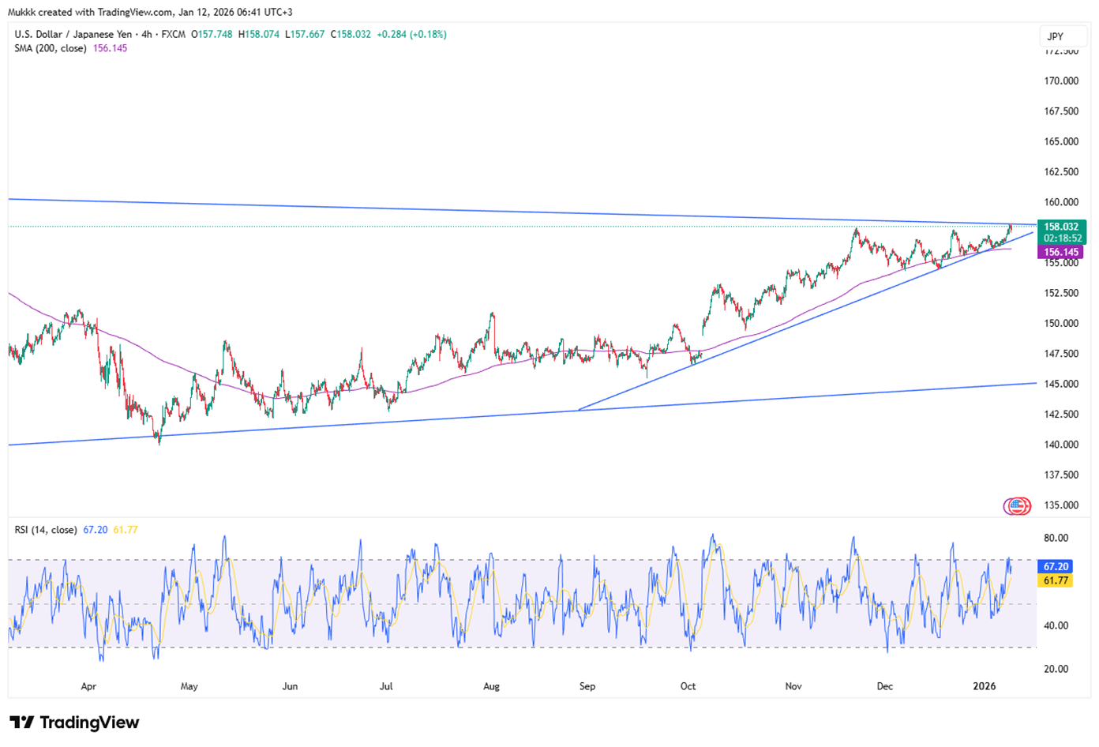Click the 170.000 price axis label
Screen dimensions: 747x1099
pyautogui.click(x=1060, y=81)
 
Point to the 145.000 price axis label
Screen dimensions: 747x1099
pyautogui.click(x=1060, y=384)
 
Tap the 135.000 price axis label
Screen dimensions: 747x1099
pyautogui.click(x=1060, y=505)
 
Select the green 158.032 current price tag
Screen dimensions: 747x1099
pyautogui.click(x=1060, y=227)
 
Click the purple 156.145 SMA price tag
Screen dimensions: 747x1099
pyautogui.click(x=1060, y=253)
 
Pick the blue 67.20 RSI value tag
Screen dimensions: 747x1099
pyautogui.click(x=1056, y=567)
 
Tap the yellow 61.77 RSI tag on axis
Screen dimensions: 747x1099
pyautogui.click(x=1056, y=580)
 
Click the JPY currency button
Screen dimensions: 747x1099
pyautogui.click(x=1055, y=36)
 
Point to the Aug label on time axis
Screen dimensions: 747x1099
pyautogui.click(x=491, y=686)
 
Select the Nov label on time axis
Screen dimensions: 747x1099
pyautogui.click(x=793, y=686)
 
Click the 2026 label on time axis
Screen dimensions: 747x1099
pyautogui.click(x=985, y=686)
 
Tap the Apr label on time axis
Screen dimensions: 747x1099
pyautogui.click(x=88, y=686)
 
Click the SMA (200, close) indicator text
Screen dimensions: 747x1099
pyautogui.click(x=51, y=48)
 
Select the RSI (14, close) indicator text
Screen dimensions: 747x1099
pyautogui.click(x=46, y=530)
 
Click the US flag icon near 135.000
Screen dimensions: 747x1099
pyautogui.click(x=1018, y=506)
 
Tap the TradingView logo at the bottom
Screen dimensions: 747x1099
pyautogui.click(x=74, y=723)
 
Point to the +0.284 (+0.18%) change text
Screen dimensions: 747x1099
pyautogui.click(x=411, y=35)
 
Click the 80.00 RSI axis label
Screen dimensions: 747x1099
pyautogui.click(x=1056, y=538)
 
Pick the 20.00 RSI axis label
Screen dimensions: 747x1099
pyautogui.click(x=1056, y=669)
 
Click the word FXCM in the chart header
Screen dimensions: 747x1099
pyautogui.click(x=174, y=35)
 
